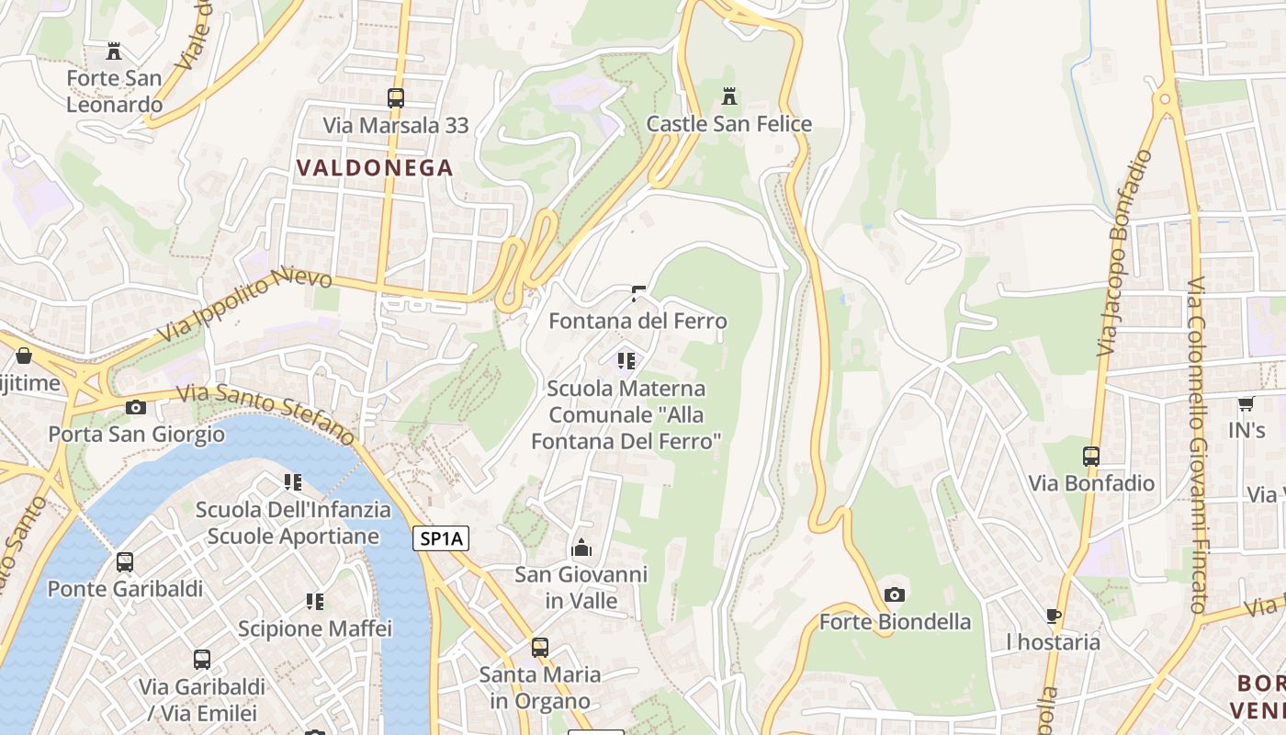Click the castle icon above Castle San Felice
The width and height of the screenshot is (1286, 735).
point(729,96)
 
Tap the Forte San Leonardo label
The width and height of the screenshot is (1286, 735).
point(114,91)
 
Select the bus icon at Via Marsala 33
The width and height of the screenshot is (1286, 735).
point(396,97)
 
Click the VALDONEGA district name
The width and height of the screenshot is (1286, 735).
point(375,167)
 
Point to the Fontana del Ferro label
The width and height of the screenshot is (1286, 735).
point(637,321)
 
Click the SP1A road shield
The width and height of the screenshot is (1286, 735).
point(441,539)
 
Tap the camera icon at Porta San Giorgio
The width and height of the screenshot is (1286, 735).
point(136,407)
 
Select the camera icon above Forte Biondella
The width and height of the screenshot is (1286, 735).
point(895,594)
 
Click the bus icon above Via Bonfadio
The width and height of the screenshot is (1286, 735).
point(1091,456)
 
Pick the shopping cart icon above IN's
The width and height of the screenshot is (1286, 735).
point(1247,403)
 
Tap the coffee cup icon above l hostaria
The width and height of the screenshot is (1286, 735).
point(1054,615)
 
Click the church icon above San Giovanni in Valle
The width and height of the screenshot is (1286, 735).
point(581,548)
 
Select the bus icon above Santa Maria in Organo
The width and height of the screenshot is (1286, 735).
point(540,647)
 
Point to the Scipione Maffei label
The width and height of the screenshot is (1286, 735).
point(315,628)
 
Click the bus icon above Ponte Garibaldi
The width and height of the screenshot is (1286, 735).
point(125,561)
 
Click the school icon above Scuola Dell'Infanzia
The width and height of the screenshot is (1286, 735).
point(293,482)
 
